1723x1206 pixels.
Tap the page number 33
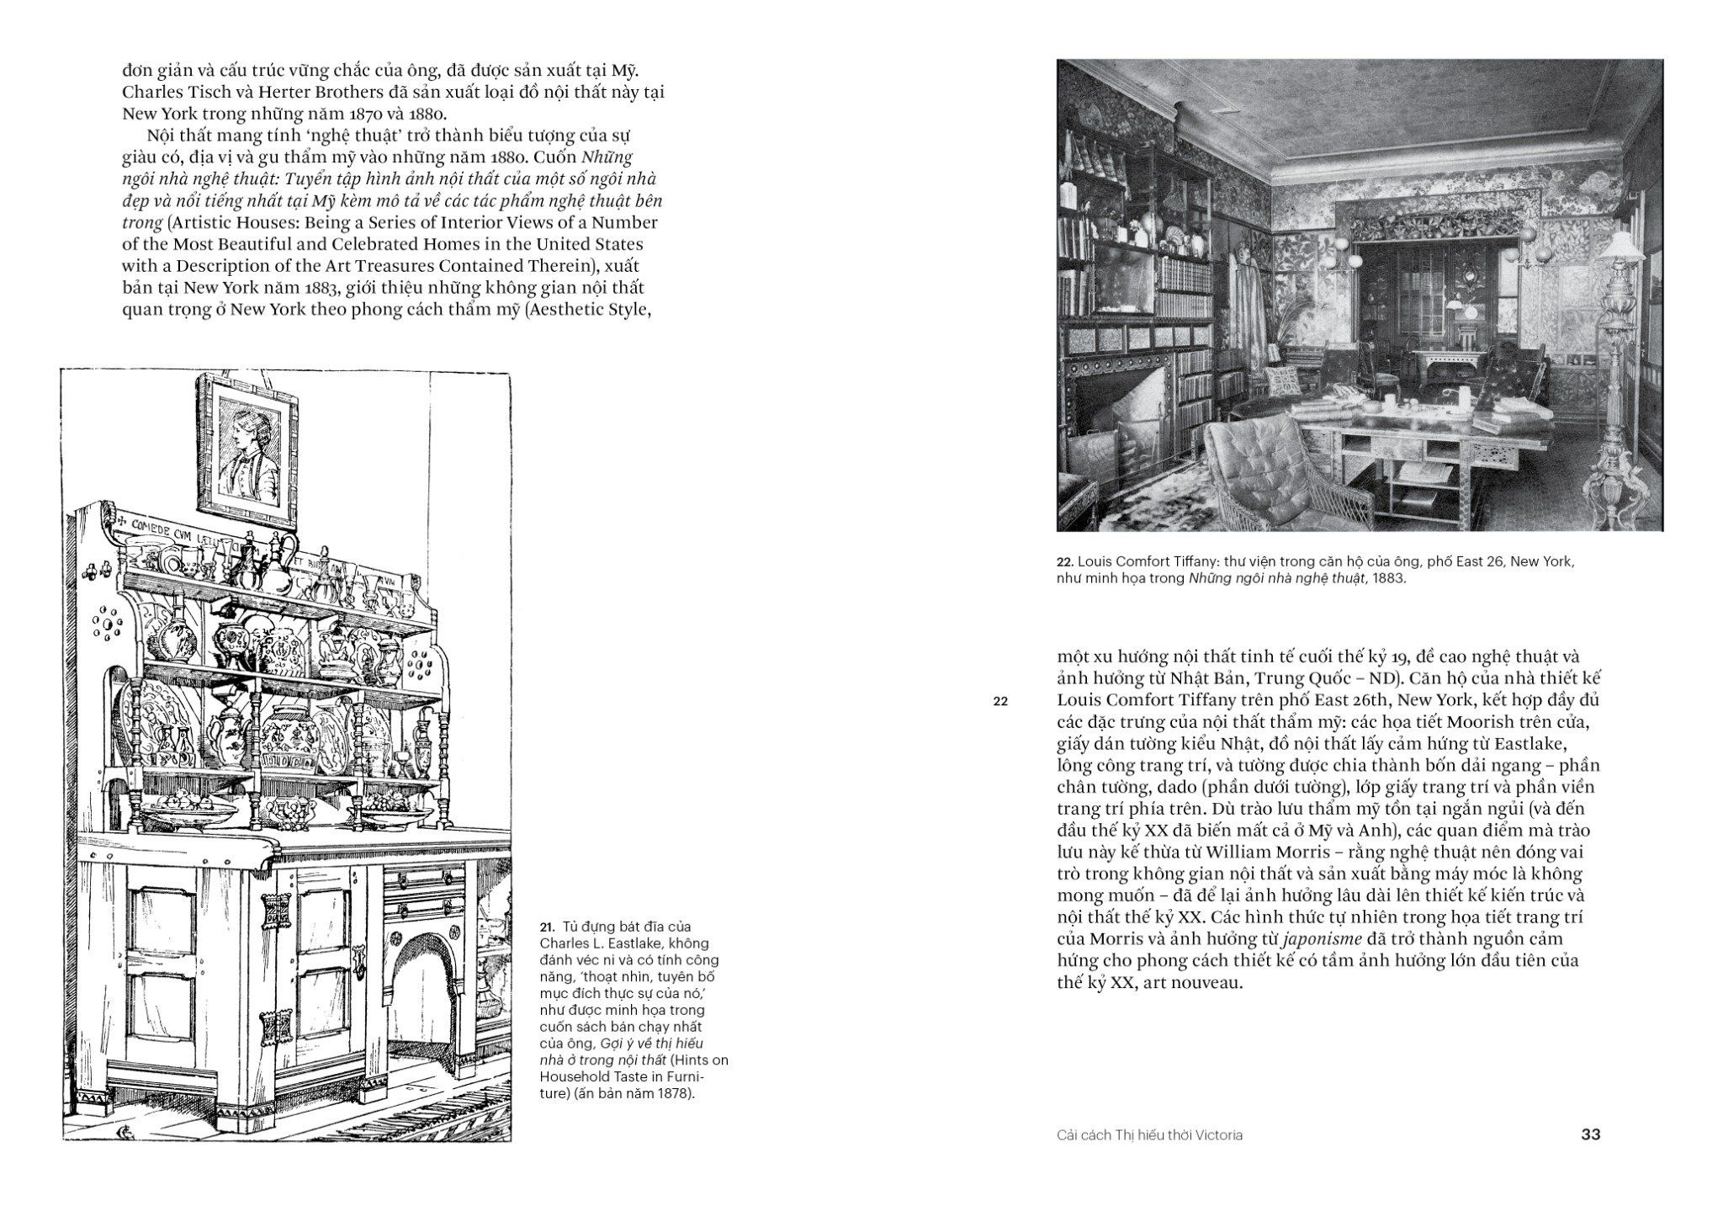coord(1590,1134)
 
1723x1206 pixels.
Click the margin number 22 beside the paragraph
coord(1000,701)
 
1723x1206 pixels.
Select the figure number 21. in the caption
coord(548,927)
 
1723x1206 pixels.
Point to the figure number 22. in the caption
coord(1065,562)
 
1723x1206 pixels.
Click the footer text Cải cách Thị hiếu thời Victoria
coord(1149,1134)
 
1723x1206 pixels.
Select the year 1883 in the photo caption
coord(1388,579)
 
